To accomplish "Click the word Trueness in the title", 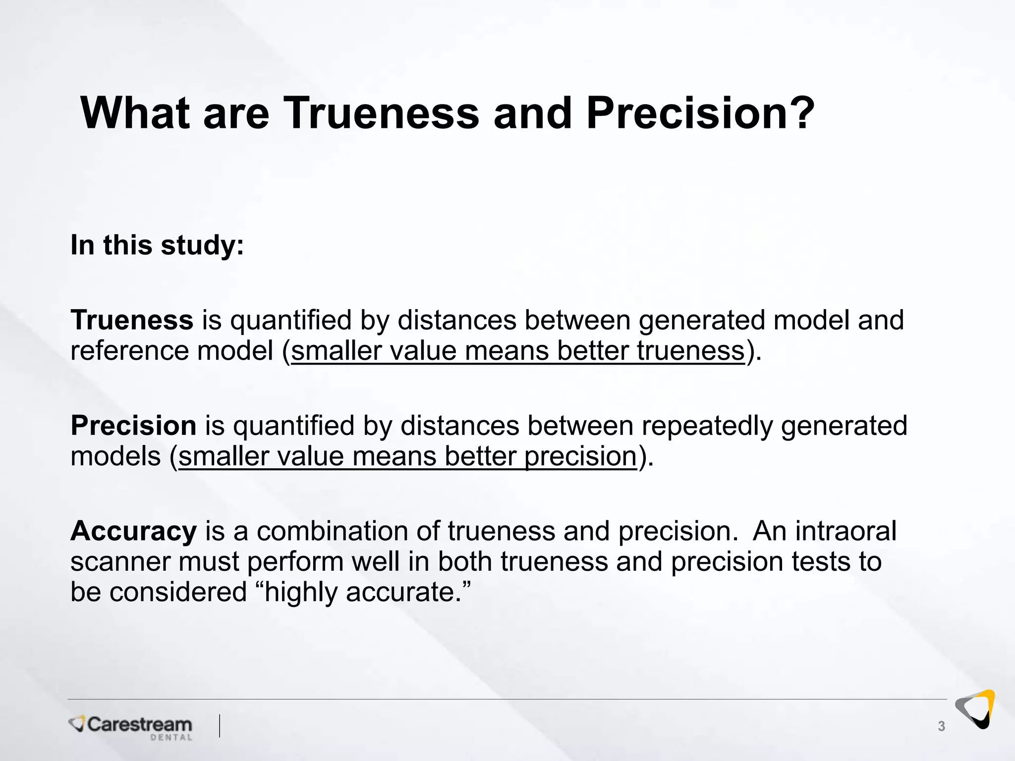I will (382, 113).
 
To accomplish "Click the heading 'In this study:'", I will (157, 245).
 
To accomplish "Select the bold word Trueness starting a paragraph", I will (132, 320).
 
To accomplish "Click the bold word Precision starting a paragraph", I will (133, 425).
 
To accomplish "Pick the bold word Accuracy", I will (133, 531).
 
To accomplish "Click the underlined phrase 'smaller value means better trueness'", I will (518, 351).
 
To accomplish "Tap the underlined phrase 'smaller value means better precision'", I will (407, 456).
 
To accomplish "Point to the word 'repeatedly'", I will (707, 425).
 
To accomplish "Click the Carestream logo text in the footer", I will (139, 724).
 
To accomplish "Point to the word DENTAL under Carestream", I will (171, 738).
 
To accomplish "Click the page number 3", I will (941, 726).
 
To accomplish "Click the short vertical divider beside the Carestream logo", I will (220, 726).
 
